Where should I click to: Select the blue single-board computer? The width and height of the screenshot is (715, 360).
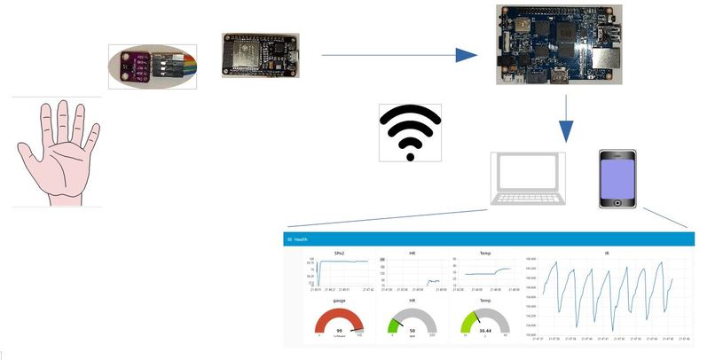point(542,43)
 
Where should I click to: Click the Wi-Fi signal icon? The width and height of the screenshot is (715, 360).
point(410,131)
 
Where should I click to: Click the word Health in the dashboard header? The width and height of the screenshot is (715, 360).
point(301,239)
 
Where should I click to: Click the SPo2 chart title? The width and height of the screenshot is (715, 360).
point(339,253)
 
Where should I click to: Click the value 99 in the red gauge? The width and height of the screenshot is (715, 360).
point(339,330)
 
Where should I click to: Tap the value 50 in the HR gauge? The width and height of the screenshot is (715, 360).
point(412,330)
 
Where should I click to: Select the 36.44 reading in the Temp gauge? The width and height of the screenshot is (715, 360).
point(484,330)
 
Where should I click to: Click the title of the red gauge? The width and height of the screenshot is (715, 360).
point(339,301)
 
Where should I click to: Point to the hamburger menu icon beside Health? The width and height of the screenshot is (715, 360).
point(289,239)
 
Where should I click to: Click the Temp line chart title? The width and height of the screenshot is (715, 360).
point(484,253)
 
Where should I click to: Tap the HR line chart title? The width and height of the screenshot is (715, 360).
point(412,253)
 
